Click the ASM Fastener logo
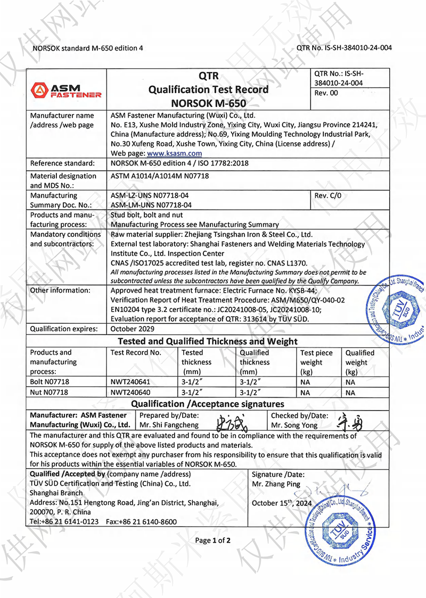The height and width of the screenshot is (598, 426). click(x=66, y=89)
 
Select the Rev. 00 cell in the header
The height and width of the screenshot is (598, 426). click(x=326, y=93)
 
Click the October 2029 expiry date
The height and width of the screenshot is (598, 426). click(x=131, y=329)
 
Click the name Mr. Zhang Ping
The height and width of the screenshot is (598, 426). click(x=276, y=484)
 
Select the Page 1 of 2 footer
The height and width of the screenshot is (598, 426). click(x=213, y=540)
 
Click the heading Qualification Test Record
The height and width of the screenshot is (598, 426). click(x=208, y=89)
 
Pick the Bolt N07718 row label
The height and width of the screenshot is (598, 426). click(x=50, y=382)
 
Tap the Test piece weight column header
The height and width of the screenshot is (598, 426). click(x=316, y=362)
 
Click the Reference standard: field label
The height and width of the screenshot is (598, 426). click(x=63, y=163)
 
